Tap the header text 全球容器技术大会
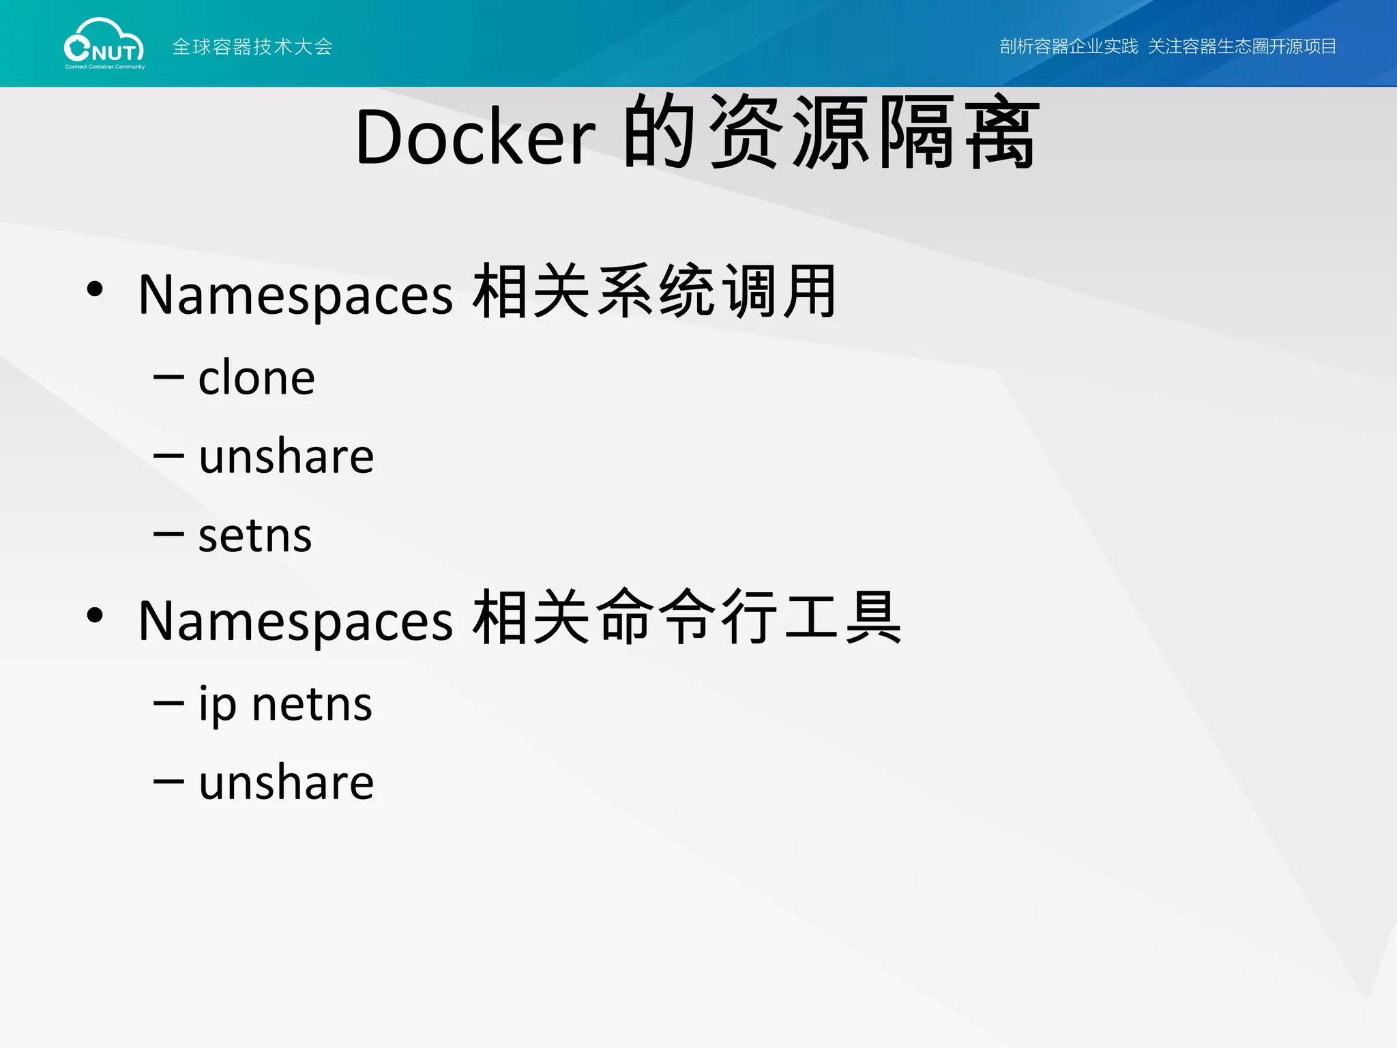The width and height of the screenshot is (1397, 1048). click(x=252, y=46)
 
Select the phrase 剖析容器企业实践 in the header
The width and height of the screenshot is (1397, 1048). click(x=1068, y=46)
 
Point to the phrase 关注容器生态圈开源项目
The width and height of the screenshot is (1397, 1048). click(x=1241, y=46)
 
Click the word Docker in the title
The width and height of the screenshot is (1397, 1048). click(x=475, y=136)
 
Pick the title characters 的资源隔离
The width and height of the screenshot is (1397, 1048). click(x=831, y=132)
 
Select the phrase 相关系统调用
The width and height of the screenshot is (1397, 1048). click(x=655, y=292)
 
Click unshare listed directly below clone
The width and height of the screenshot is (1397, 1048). click(x=286, y=456)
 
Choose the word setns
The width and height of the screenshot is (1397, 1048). click(x=255, y=536)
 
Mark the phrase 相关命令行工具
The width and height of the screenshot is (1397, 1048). click(x=687, y=618)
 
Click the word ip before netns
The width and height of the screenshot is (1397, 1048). click(x=217, y=705)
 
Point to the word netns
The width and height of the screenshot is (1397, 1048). click(x=312, y=705)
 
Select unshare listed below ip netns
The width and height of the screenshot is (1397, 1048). click(x=286, y=783)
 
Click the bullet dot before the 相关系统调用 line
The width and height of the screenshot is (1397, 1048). click(x=95, y=289)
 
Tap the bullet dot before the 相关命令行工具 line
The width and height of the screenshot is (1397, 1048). click(x=95, y=615)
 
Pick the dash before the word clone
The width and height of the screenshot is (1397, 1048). click(x=168, y=377)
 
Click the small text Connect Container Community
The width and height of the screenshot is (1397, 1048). click(x=105, y=67)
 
